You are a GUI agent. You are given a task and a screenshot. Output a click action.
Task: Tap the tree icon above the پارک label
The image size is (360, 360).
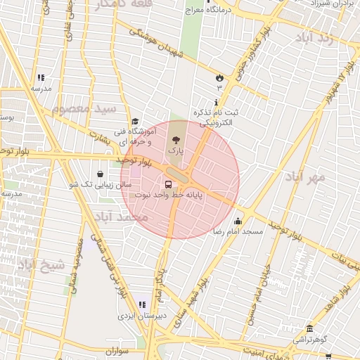pos(176,140)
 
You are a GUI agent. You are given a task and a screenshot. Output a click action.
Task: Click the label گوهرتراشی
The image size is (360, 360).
pos(310,339)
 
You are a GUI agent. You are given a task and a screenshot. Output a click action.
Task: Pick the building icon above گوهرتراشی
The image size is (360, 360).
pos(310,328)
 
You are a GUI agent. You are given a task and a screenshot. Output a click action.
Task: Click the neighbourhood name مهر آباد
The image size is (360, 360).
pos(307,176)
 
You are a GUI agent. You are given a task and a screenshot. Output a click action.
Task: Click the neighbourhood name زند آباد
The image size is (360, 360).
pos(326,37)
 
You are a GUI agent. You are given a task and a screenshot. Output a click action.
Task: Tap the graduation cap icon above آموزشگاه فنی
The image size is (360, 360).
pos(136,121)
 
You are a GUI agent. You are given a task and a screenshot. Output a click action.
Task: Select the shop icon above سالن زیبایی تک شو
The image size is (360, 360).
pos(101,173)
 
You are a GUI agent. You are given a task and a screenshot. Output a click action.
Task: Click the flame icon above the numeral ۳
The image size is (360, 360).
pos(220,77)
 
